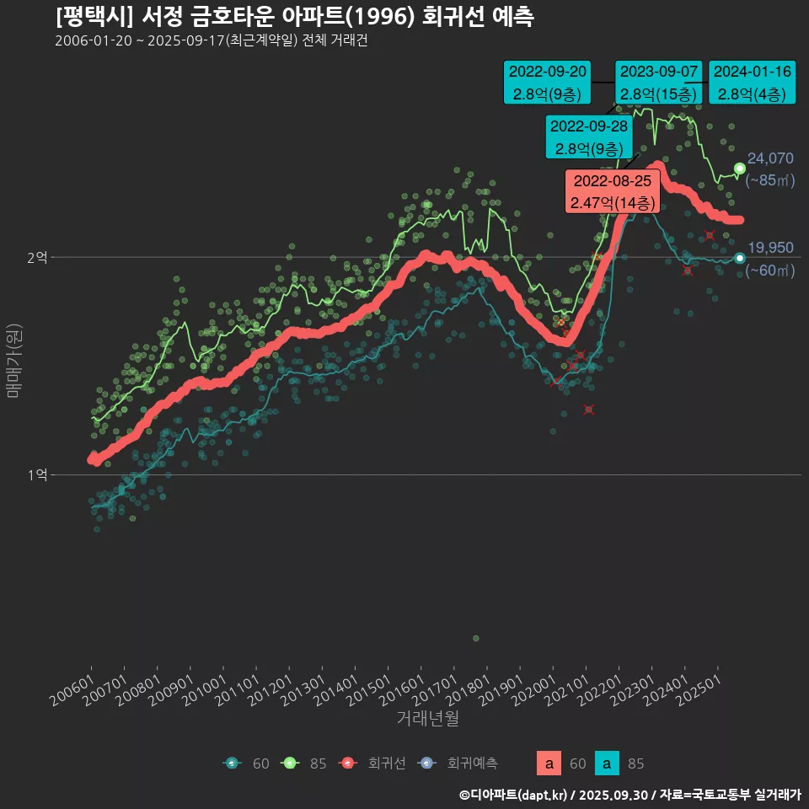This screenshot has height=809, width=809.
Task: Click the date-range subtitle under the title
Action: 211,40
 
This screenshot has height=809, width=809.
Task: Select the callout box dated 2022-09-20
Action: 546,82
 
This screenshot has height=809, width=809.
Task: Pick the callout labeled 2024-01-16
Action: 752,82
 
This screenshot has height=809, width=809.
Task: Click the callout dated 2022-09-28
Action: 588,137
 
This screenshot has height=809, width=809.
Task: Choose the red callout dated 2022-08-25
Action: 612,191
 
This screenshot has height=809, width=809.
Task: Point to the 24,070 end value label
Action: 770,158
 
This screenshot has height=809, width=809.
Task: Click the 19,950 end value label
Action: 770,248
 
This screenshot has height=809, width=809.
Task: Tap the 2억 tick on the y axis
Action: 37,257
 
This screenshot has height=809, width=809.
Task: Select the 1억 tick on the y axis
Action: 37,475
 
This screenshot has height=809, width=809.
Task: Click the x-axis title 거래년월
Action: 427,719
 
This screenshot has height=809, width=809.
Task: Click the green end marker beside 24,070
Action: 740,169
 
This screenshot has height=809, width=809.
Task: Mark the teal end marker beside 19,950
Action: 740,258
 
